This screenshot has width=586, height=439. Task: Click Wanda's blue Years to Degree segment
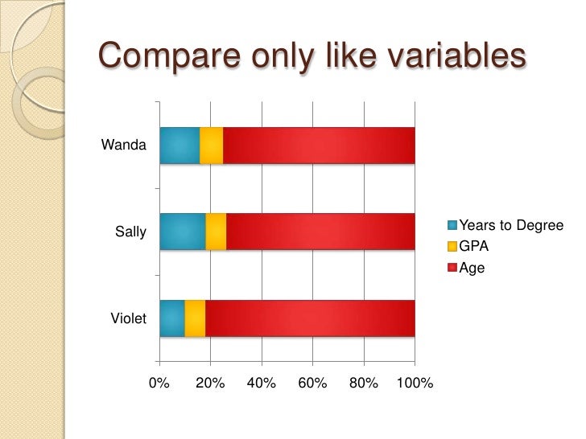tap(180, 146)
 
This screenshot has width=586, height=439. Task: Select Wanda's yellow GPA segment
tap(211, 146)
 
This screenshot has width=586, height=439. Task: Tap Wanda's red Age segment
tap(318, 146)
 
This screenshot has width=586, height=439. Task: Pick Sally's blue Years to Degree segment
tap(183, 232)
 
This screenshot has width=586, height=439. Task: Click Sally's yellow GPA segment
tap(216, 232)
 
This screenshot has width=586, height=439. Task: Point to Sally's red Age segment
tap(320, 232)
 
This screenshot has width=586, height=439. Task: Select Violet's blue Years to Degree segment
tap(172, 318)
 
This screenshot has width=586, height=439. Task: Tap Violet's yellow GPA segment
tap(195, 318)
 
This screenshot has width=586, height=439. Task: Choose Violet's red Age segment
tap(310, 318)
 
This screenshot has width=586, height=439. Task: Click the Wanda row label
tap(124, 146)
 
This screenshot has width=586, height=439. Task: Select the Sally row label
tap(130, 232)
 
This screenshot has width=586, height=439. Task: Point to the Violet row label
tap(128, 319)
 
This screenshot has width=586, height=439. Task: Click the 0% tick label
tap(159, 384)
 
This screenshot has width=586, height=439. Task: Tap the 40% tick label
tap(262, 384)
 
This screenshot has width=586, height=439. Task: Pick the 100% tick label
tap(415, 384)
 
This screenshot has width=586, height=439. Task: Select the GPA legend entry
tap(473, 247)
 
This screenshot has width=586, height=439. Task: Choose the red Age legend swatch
tap(452, 268)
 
